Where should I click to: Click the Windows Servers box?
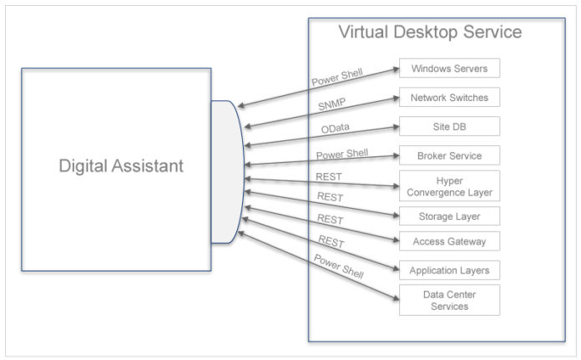[x=449, y=68]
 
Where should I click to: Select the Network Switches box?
[x=449, y=98]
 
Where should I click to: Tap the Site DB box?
[x=449, y=126]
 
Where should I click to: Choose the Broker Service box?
[x=449, y=155]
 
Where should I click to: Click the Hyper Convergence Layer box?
[x=449, y=185]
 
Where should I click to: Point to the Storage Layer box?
[x=449, y=216]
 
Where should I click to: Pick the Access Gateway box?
[x=449, y=241]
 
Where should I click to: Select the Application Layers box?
[x=449, y=271]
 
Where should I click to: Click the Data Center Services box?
[x=449, y=300]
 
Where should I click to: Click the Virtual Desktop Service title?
[x=430, y=33]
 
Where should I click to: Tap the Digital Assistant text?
[x=121, y=166]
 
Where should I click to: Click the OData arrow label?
[x=336, y=129]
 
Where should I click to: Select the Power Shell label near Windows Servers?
[x=336, y=78]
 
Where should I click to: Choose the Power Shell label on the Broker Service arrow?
[x=341, y=155]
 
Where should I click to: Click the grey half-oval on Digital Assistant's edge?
[x=226, y=171]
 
